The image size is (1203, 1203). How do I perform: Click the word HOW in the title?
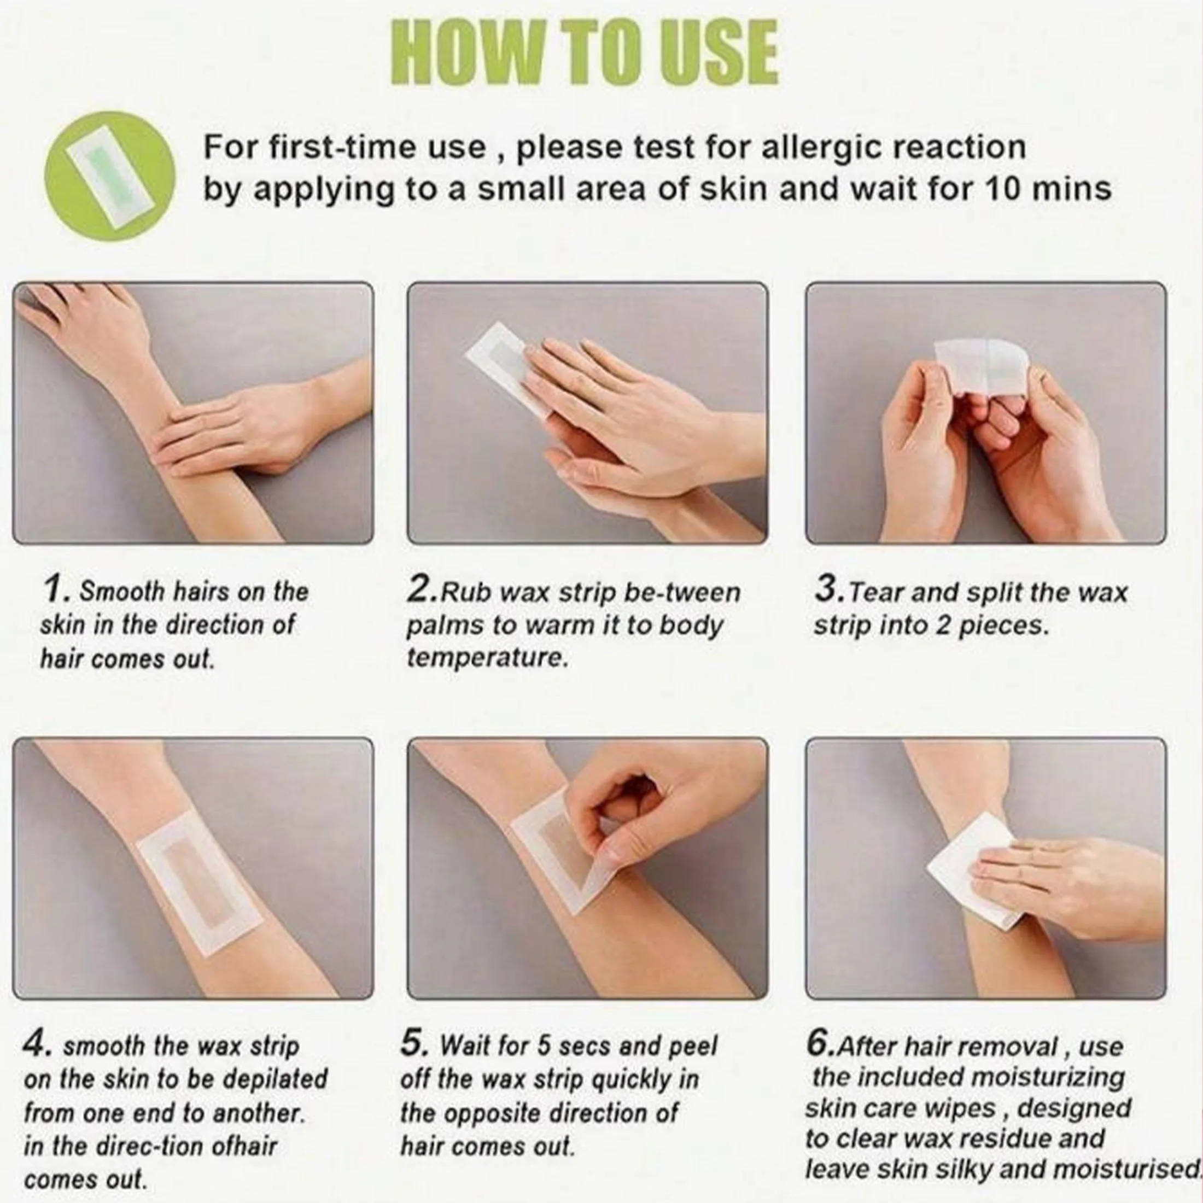click(x=459, y=52)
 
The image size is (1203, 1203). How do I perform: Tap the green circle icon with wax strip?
click(x=110, y=176)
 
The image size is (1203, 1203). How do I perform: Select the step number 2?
click(x=422, y=588)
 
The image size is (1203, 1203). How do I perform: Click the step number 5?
click(x=414, y=1043)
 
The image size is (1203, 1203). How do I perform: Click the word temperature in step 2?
click(x=488, y=657)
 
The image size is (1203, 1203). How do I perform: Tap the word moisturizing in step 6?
click(x=1047, y=1077)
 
